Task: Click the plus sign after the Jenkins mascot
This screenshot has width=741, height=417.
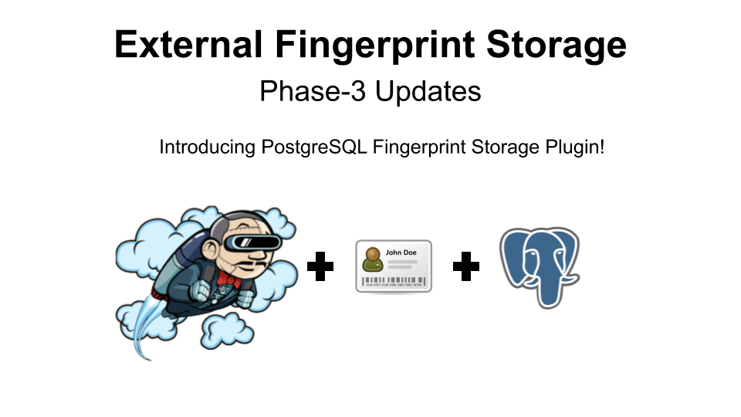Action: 320,267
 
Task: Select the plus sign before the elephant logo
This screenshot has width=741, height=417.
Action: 465,267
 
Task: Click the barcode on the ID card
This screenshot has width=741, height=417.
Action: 394,281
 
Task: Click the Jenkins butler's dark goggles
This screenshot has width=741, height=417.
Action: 256,242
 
